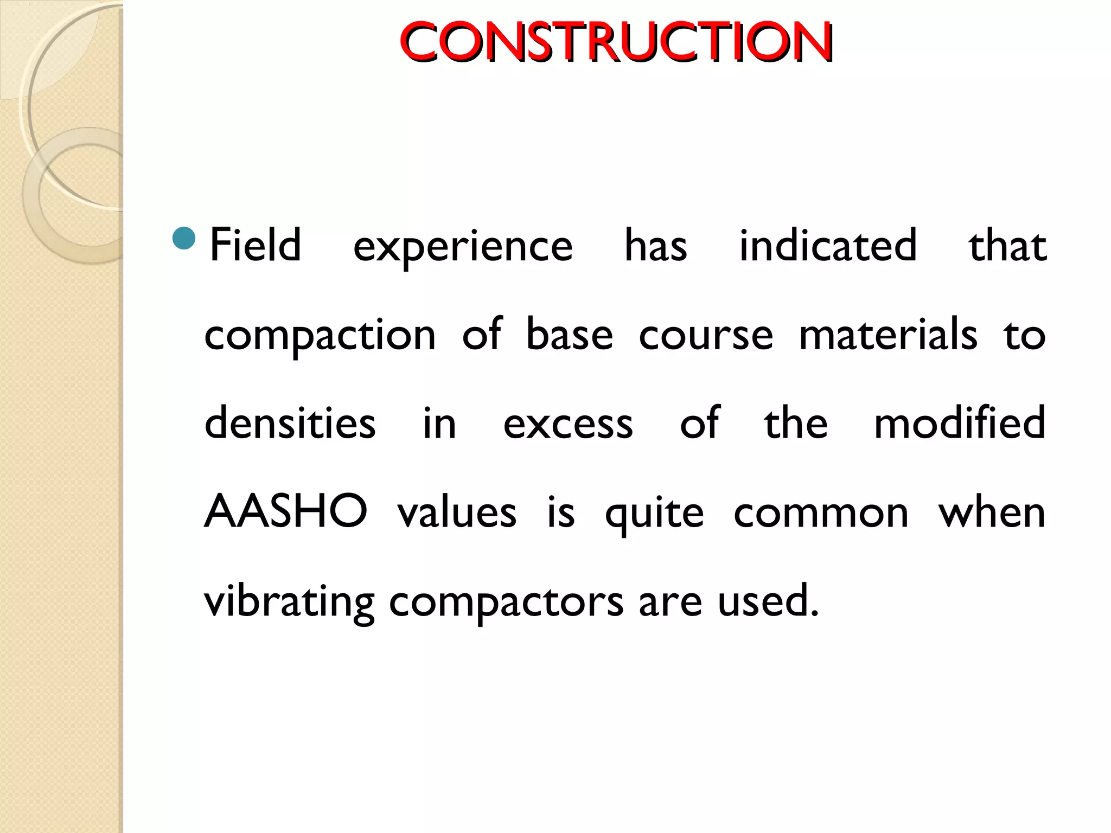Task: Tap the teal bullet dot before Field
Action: coord(183,239)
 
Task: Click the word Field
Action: coord(255,246)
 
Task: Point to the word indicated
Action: coord(828,246)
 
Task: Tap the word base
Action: coord(570,334)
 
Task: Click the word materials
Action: coord(888,334)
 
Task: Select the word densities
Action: coord(290,423)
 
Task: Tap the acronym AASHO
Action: coord(286,511)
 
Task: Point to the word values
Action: coord(457,512)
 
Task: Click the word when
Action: coord(992,512)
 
